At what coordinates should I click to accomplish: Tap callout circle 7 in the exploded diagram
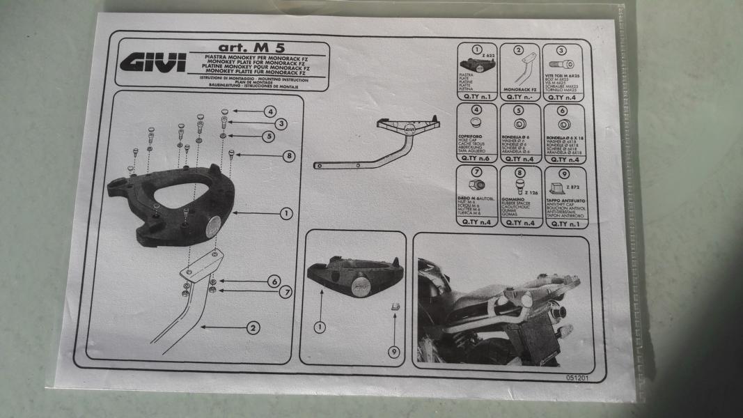point(286,293)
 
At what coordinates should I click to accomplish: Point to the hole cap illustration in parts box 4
point(476,125)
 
